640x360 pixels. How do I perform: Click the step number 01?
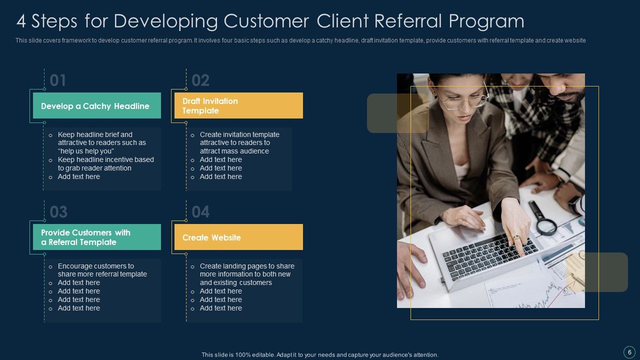(58, 80)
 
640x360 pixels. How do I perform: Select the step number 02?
(200, 80)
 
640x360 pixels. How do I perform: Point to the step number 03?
(58, 212)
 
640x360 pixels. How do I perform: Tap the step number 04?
(200, 212)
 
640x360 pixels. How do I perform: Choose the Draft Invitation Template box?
(238, 105)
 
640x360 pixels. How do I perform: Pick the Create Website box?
(238, 237)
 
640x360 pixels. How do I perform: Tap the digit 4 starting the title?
(21, 21)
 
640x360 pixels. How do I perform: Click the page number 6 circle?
(629, 351)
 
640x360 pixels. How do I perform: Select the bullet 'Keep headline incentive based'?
(105, 159)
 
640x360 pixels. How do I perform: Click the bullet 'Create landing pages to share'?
(247, 266)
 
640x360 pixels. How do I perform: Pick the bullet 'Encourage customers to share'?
(96, 266)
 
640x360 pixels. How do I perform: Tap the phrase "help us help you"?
(86, 151)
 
